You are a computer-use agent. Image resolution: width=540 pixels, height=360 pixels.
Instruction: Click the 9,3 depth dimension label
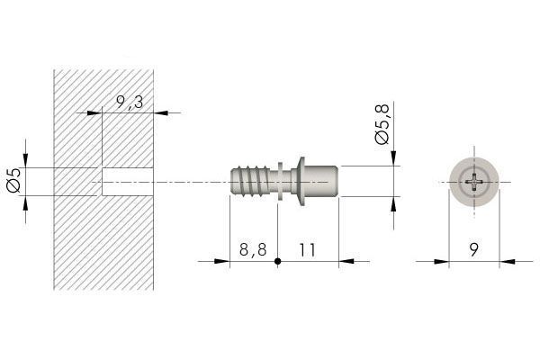tap(130, 102)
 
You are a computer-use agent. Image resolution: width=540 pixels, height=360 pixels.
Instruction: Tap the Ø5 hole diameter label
tap(14, 181)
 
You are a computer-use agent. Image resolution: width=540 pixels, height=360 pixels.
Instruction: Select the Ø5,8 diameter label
tap(382, 123)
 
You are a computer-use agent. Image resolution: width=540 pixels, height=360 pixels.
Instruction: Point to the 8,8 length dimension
tap(253, 249)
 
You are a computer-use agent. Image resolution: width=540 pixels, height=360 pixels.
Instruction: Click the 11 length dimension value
tap(307, 250)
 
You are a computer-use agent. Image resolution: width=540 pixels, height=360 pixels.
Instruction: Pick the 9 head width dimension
tap(474, 250)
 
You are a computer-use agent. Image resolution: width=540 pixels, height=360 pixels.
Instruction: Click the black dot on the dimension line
tap(277, 262)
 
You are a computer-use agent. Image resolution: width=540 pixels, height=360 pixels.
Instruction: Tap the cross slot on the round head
tap(474, 182)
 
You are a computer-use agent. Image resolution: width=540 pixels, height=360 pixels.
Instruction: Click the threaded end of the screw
tap(250, 182)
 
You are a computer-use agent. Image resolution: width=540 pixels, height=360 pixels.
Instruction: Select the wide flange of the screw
tap(301, 182)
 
